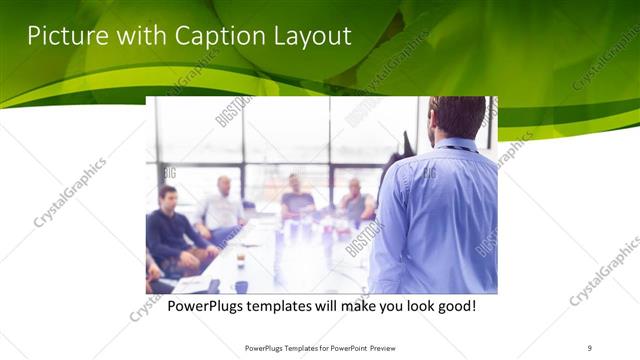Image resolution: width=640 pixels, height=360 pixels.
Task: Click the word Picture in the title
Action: [61, 36]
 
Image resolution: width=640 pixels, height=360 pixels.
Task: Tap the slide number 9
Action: [589, 347]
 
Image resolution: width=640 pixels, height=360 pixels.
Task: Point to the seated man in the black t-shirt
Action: [297, 198]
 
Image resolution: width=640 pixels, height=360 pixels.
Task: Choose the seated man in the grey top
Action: [354, 203]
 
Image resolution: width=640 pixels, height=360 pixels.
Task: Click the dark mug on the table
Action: [242, 287]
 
